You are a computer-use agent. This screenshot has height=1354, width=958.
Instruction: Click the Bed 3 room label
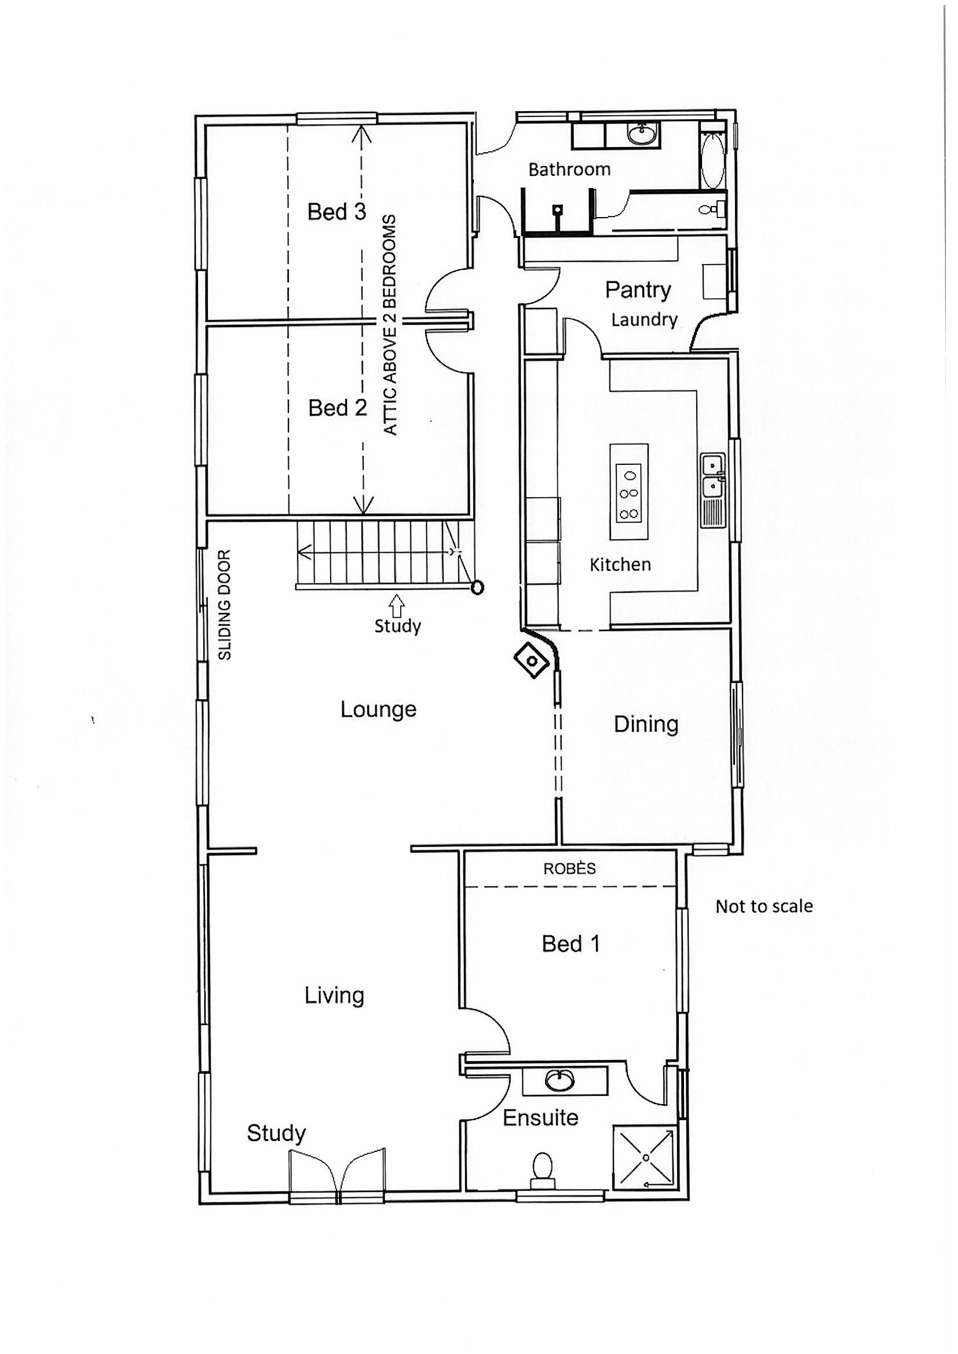(x=337, y=212)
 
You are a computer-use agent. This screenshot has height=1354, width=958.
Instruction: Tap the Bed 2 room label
(x=338, y=408)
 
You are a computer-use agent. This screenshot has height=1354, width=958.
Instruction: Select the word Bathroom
(x=569, y=170)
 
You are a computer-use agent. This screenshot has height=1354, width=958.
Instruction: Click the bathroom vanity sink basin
(x=641, y=134)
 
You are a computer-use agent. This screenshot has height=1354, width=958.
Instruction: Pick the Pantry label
(x=638, y=289)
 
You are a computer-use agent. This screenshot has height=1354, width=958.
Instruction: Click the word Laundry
(x=643, y=320)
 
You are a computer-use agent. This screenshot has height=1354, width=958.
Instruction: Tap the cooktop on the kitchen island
(x=628, y=493)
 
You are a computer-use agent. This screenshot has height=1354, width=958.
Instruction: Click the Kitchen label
(x=620, y=564)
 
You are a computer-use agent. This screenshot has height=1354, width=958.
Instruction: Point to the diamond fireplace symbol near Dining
(x=532, y=661)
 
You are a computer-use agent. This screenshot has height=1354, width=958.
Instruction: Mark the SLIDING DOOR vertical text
(x=225, y=604)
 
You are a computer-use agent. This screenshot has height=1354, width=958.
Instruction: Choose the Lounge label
(x=378, y=709)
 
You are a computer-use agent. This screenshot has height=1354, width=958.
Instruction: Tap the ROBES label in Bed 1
(x=569, y=869)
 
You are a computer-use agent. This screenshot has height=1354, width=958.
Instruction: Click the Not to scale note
(x=763, y=907)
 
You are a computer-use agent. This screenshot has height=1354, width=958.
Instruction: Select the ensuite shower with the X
(x=645, y=1157)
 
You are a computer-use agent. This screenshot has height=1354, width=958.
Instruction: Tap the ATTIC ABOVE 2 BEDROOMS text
(x=390, y=325)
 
